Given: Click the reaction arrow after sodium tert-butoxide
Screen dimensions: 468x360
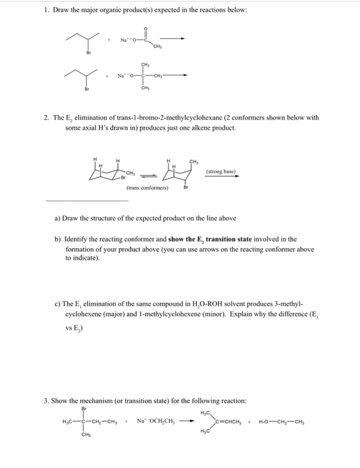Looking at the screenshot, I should (x=178, y=76).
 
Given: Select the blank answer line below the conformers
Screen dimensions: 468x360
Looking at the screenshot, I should (x=86, y=199).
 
